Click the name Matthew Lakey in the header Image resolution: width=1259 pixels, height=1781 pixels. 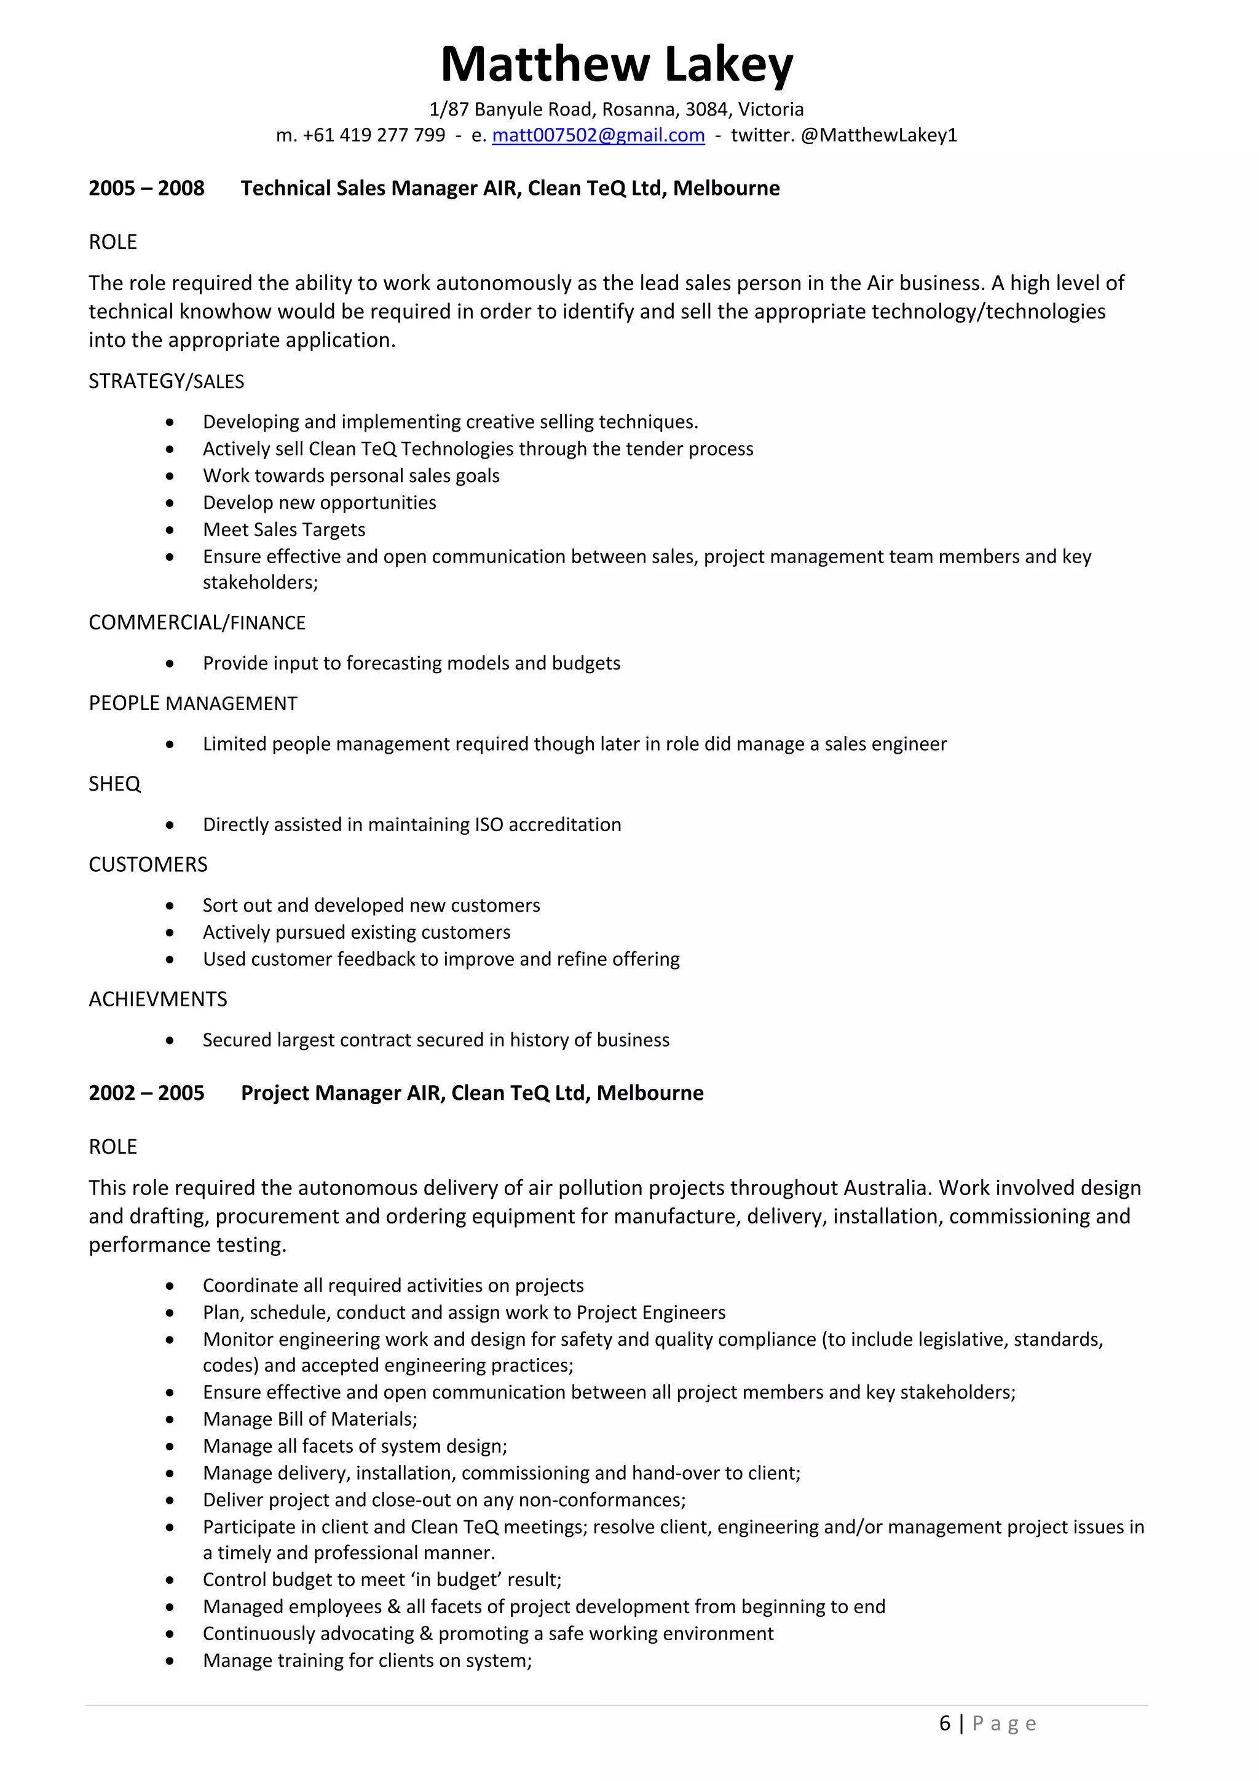(x=617, y=65)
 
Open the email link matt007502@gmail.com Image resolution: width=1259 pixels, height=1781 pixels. (x=598, y=135)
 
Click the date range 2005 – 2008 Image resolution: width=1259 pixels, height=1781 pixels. (x=146, y=189)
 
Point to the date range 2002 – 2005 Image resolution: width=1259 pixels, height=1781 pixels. (x=146, y=1093)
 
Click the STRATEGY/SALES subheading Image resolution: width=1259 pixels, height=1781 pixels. (x=166, y=381)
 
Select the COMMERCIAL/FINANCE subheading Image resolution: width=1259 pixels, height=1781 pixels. (x=197, y=622)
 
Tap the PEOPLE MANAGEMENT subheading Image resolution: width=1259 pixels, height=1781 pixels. (x=192, y=703)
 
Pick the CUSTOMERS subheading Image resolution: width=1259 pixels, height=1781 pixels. (x=148, y=864)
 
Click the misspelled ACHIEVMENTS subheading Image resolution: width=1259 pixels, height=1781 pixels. (x=157, y=999)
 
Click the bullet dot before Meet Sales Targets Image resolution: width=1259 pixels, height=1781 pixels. (x=170, y=530)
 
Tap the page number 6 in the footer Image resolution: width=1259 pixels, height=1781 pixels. (x=944, y=1724)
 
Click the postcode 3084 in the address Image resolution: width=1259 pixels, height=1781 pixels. (x=706, y=109)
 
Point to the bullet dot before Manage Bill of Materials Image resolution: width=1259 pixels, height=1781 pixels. (x=170, y=1420)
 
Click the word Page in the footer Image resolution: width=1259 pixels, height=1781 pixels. (x=1004, y=1724)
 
